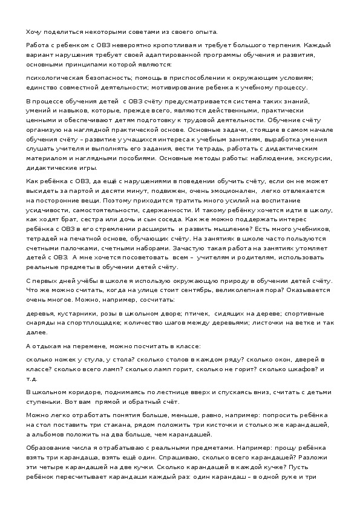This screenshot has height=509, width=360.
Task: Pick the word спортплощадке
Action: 82,323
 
